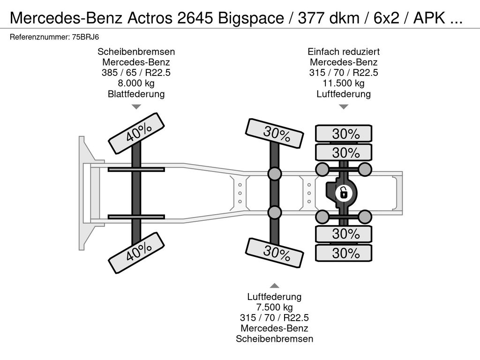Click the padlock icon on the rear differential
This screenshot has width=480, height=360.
[344, 193]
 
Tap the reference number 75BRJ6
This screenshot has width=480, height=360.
[85, 37]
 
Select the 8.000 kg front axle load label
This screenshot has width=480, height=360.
[136, 83]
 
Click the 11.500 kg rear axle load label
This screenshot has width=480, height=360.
[344, 83]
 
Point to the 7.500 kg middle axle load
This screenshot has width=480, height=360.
[275, 307]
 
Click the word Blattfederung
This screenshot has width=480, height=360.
[136, 94]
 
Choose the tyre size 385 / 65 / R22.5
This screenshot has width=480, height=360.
[136, 73]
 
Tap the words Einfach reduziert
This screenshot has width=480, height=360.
[344, 52]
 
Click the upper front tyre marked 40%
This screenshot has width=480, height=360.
[136, 133]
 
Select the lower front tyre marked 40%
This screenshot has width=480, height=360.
[136, 252]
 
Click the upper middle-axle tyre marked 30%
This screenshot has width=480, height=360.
[275, 134]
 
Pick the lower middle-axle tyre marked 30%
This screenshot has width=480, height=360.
[275, 253]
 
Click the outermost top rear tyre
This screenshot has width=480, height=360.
[344, 134]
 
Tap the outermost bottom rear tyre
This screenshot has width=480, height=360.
[344, 253]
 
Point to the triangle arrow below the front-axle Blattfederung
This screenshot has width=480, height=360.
[136, 106]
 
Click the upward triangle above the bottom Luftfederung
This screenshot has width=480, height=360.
[275, 285]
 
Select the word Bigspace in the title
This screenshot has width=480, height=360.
[251, 18]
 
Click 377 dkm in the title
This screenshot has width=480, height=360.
[329, 18]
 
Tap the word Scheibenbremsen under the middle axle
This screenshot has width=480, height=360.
[275, 339]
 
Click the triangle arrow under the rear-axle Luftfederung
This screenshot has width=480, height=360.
[344, 106]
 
